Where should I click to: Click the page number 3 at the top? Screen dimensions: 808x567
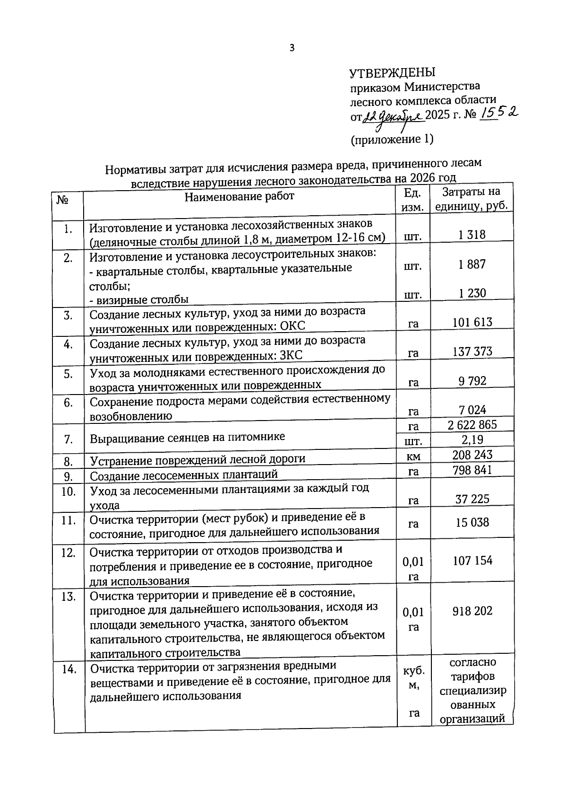pos(292,48)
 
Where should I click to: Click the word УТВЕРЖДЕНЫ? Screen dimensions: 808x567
pos(392,73)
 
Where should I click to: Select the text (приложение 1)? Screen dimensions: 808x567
pos(392,139)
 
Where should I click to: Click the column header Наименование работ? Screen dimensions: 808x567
pos(239,196)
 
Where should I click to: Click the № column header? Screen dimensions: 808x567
pos(62,200)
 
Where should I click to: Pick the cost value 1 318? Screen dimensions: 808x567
pos(472,235)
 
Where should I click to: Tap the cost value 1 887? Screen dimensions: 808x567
pos(472,264)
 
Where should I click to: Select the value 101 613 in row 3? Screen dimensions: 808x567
pos(472,322)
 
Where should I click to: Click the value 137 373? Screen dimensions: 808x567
pos(472,351)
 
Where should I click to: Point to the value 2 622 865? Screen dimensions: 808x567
pos(472,424)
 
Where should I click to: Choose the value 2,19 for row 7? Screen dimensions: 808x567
pos(472,439)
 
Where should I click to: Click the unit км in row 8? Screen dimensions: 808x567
pos(413,456)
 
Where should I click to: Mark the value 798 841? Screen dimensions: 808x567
pos(472,470)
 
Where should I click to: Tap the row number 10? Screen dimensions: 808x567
pos(69,492)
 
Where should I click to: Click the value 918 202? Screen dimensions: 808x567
pos(472,611)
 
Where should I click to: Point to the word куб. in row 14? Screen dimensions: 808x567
pos(413,671)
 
